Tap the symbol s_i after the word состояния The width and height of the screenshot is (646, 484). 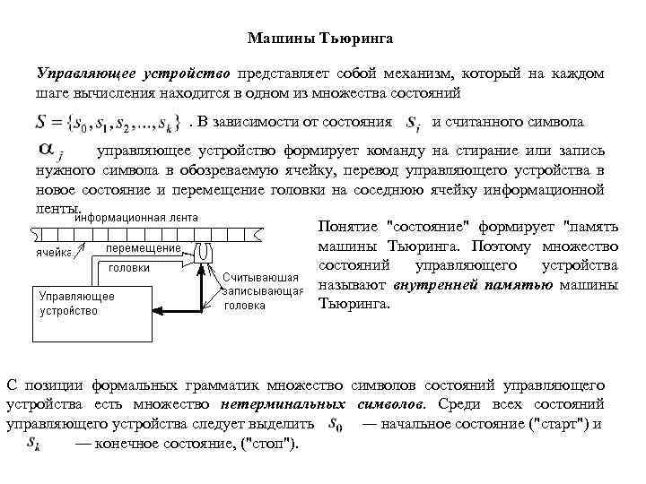[411, 123]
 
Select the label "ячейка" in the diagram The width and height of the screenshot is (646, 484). [54, 253]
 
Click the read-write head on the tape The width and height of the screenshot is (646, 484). [204, 251]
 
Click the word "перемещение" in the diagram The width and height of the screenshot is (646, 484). [144, 246]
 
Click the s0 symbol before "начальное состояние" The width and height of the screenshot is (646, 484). [336, 424]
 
